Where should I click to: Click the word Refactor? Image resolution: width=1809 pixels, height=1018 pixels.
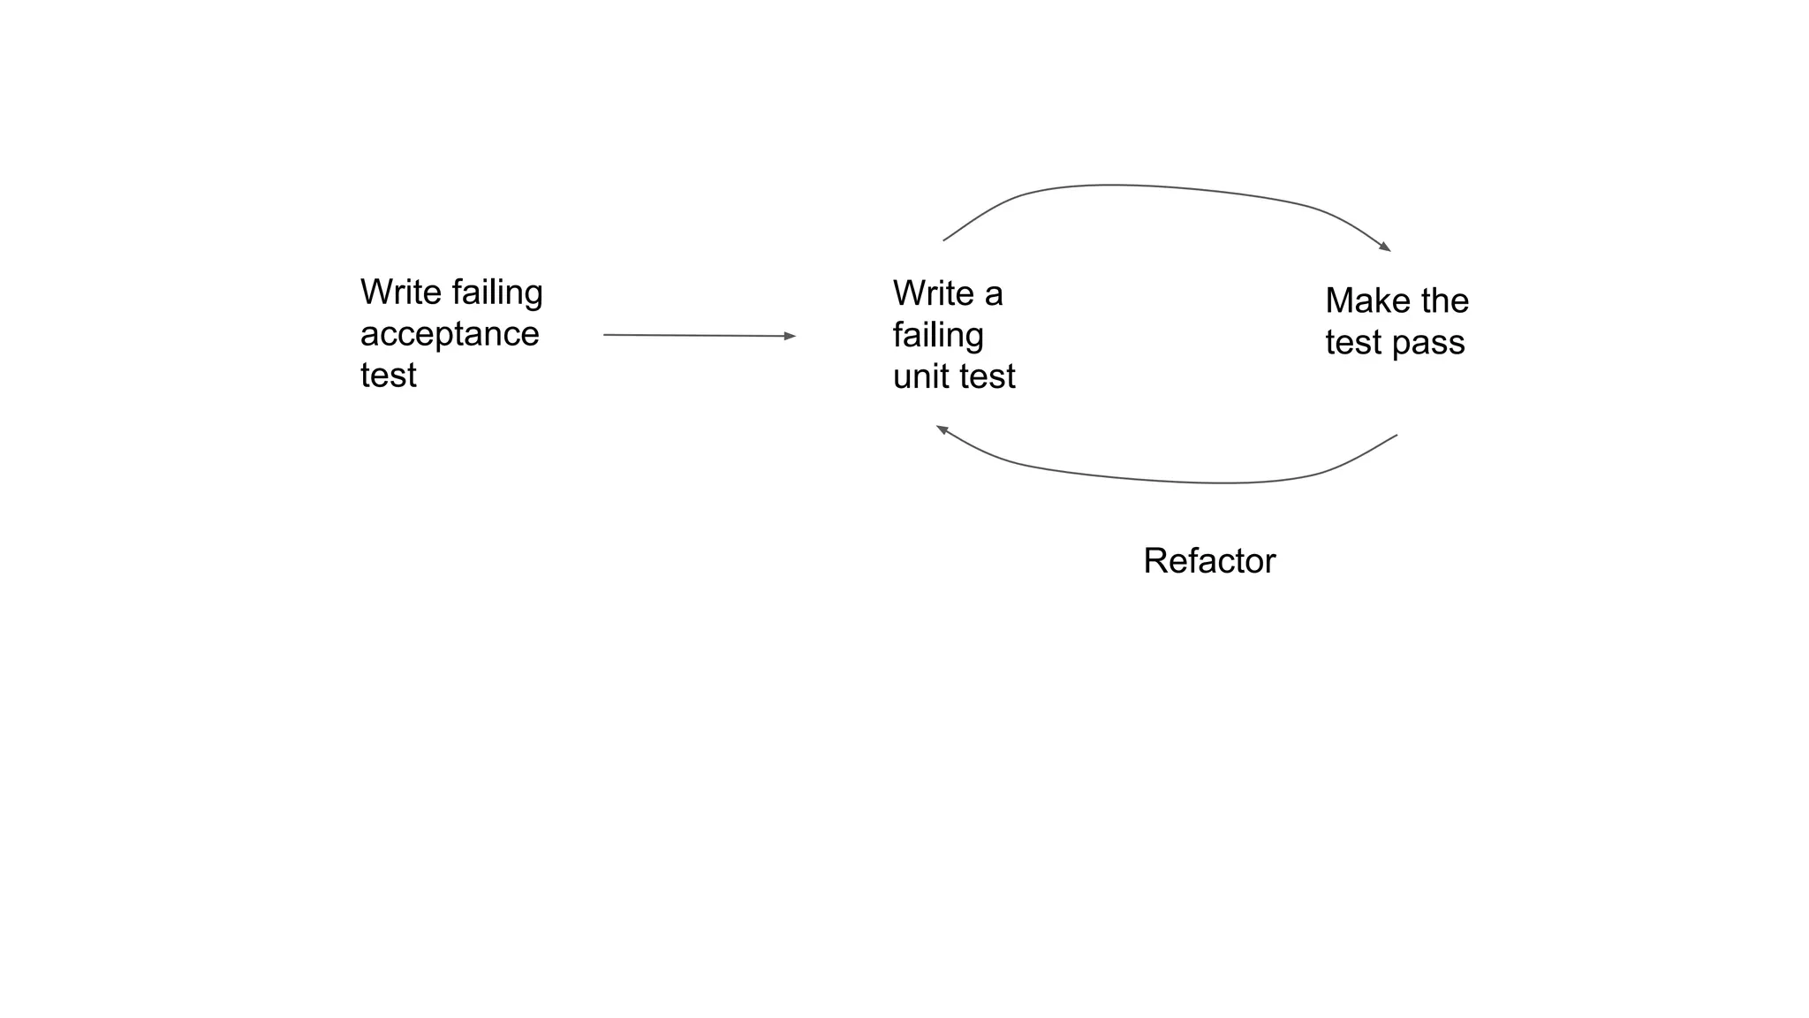(1209, 561)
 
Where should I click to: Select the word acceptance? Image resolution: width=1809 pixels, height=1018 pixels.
(450, 335)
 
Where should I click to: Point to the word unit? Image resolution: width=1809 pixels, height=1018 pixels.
(922, 376)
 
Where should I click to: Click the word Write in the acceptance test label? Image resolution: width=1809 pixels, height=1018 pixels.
(400, 292)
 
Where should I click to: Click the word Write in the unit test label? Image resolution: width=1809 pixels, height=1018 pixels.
(933, 293)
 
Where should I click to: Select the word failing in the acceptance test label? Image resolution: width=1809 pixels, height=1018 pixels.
(497, 293)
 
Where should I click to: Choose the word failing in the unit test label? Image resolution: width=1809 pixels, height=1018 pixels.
(938, 336)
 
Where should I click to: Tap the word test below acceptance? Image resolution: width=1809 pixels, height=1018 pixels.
(388, 376)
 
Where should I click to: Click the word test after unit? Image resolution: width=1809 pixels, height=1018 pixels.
(987, 376)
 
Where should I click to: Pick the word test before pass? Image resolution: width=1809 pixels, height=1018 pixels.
(1353, 343)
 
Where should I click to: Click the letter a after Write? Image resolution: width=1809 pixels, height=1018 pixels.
(994, 294)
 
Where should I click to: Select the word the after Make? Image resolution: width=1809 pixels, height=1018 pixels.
(1445, 301)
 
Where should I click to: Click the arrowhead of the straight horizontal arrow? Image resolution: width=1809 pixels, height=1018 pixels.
(791, 336)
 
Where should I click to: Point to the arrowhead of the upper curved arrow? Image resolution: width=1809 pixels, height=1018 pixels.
(1386, 247)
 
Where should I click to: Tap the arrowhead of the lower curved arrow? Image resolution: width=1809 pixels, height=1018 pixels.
(942, 429)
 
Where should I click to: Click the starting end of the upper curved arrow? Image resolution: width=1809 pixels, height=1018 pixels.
(944, 239)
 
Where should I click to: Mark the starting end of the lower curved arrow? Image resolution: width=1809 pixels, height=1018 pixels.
(1396, 435)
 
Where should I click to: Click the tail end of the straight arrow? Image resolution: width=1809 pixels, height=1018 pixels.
(604, 335)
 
